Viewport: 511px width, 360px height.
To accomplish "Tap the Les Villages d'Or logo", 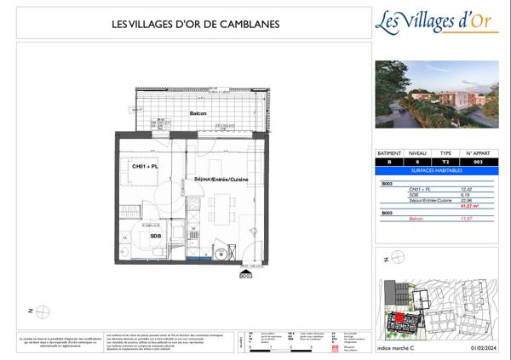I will pyautogui.click(x=437, y=20).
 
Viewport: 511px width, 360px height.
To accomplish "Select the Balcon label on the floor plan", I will pyautogui.click(x=198, y=113).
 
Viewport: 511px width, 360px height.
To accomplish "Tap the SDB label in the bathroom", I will pyautogui.click(x=156, y=236).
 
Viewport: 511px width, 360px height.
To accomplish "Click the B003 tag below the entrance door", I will pyautogui.click(x=246, y=275).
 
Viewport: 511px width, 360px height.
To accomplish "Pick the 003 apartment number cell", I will pyautogui.click(x=476, y=161).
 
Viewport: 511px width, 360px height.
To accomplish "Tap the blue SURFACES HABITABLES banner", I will pyautogui.click(x=437, y=169).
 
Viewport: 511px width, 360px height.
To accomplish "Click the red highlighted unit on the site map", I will pyautogui.click(x=399, y=318).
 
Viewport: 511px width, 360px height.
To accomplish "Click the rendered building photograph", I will pyautogui.click(x=437, y=93).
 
